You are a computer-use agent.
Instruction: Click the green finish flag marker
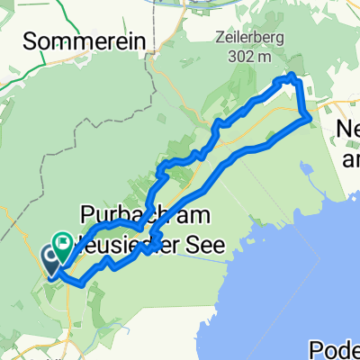tap(64, 241)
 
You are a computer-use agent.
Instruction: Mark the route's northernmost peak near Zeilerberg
tap(291, 77)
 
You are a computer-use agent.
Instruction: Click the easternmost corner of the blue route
tap(310, 115)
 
